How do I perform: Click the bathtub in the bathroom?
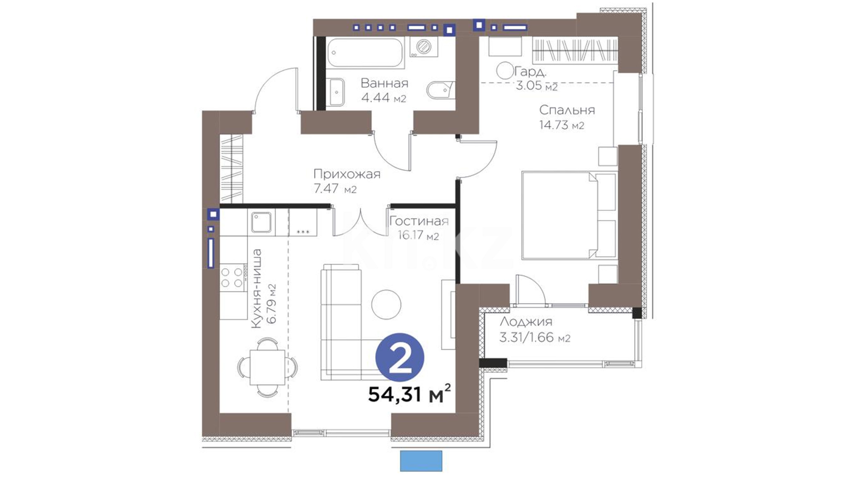[366, 53]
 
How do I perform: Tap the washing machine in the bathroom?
[423, 47]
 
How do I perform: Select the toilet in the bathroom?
[441, 91]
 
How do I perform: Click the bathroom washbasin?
[335, 92]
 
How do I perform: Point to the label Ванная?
[384, 83]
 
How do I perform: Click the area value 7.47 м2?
[335, 189]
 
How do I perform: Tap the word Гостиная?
[419, 221]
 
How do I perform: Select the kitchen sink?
[261, 222]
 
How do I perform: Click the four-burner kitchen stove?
[233, 277]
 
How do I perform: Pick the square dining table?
[267, 367]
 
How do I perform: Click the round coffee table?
[386, 304]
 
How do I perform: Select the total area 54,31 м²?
[409, 394]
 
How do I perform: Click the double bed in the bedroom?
[569, 215]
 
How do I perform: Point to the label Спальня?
[567, 110]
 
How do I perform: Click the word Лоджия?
[526, 322]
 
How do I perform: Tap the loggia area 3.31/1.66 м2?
[535, 337]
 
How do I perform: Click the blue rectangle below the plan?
[421, 461]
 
